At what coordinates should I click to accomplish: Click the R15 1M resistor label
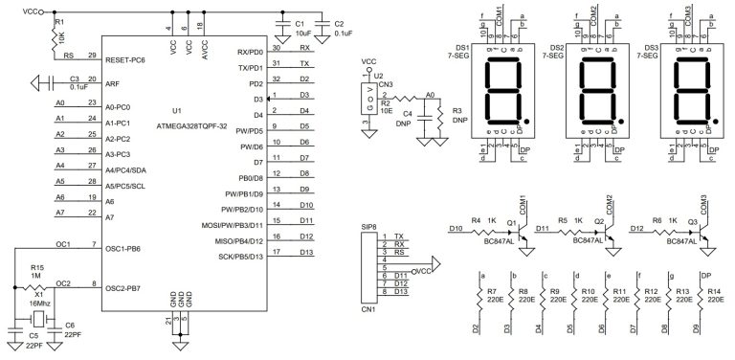pyautogui.click(x=37, y=272)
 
